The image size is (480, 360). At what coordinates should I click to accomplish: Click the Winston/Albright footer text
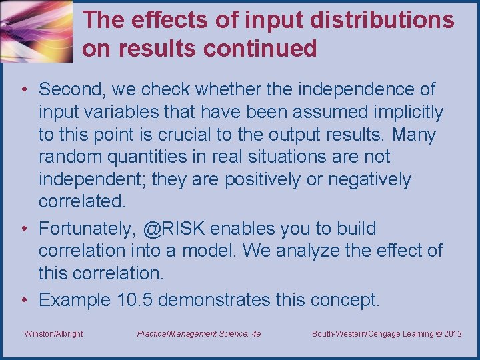click(53, 333)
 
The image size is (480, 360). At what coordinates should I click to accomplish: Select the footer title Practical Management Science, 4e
click(199, 333)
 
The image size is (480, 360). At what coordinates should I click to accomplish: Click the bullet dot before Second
click(23, 89)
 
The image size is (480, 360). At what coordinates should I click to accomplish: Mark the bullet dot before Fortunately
click(23, 229)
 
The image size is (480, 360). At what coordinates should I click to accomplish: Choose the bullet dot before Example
click(23, 300)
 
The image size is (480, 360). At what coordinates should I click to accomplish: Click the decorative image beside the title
click(36, 31)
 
